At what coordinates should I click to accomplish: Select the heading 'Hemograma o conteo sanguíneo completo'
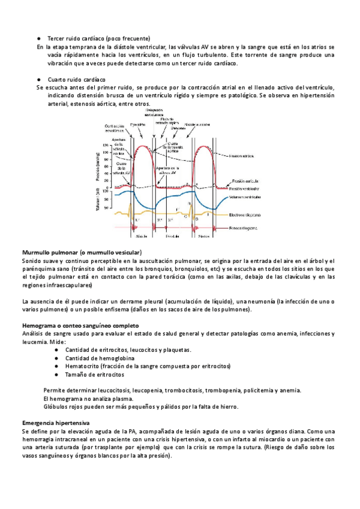tap(83, 325)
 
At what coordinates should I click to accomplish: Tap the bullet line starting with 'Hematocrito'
tap(148, 366)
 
